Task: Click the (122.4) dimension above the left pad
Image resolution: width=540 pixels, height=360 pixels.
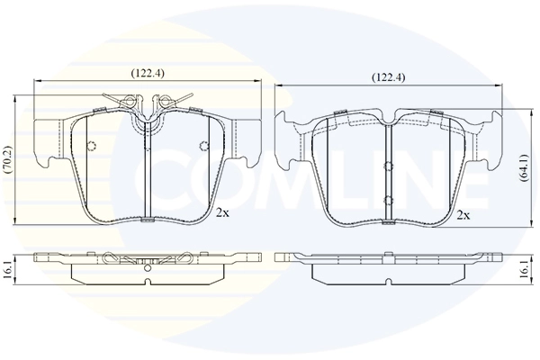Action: click(x=147, y=73)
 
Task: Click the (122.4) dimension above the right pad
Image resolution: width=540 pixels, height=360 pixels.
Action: click(x=388, y=77)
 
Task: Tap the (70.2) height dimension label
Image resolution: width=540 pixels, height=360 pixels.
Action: click(x=7, y=159)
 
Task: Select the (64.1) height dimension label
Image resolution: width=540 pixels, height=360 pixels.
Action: click(x=524, y=167)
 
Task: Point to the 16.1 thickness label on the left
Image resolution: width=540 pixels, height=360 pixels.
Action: click(x=7, y=270)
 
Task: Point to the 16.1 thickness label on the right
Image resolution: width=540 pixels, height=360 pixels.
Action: click(x=524, y=270)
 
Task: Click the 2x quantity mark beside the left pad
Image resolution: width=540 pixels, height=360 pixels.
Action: click(x=222, y=213)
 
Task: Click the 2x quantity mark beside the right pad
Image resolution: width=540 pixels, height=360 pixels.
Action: click(x=463, y=216)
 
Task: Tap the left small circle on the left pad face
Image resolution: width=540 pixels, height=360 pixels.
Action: click(x=92, y=146)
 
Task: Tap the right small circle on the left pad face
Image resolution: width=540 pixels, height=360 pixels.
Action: click(x=204, y=146)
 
